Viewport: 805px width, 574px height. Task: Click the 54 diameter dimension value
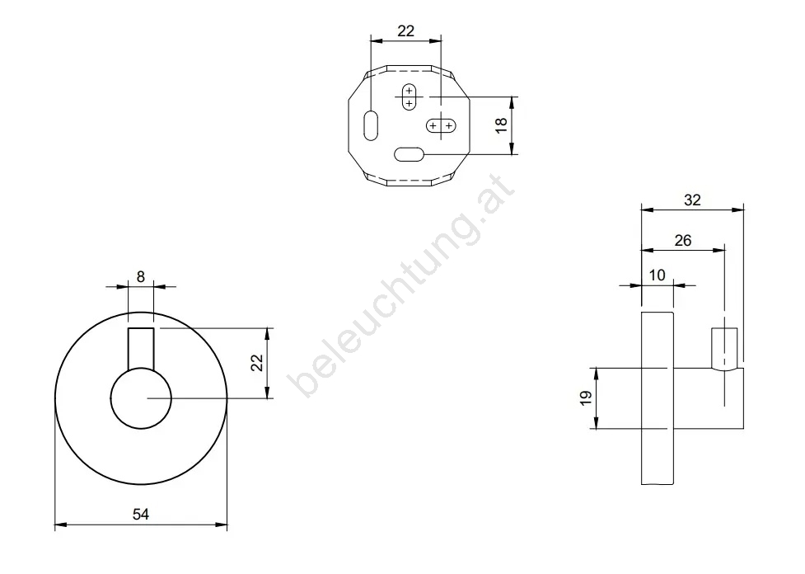(x=141, y=514)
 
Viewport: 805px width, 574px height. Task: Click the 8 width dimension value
(x=141, y=276)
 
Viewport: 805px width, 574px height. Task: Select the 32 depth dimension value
(x=692, y=200)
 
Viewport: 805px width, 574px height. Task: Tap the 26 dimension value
(x=683, y=240)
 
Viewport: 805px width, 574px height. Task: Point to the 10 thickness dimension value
(x=658, y=275)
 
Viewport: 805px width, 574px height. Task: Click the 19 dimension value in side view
(x=586, y=398)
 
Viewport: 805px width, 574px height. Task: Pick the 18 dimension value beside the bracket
(x=501, y=125)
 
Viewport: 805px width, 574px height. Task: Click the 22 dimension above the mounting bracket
(x=405, y=31)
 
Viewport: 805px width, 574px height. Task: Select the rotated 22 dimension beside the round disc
(x=257, y=363)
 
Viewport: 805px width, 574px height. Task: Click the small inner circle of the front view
(x=141, y=398)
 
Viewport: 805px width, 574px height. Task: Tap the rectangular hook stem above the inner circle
(x=141, y=348)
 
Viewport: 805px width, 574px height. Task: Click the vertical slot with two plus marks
(x=409, y=96)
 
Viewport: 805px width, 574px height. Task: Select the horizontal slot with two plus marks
(x=441, y=125)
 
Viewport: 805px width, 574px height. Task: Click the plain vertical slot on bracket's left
(x=371, y=125)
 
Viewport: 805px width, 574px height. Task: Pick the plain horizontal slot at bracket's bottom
(x=409, y=154)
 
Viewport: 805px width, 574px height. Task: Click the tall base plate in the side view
(x=658, y=398)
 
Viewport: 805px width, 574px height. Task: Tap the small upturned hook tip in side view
(x=724, y=348)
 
